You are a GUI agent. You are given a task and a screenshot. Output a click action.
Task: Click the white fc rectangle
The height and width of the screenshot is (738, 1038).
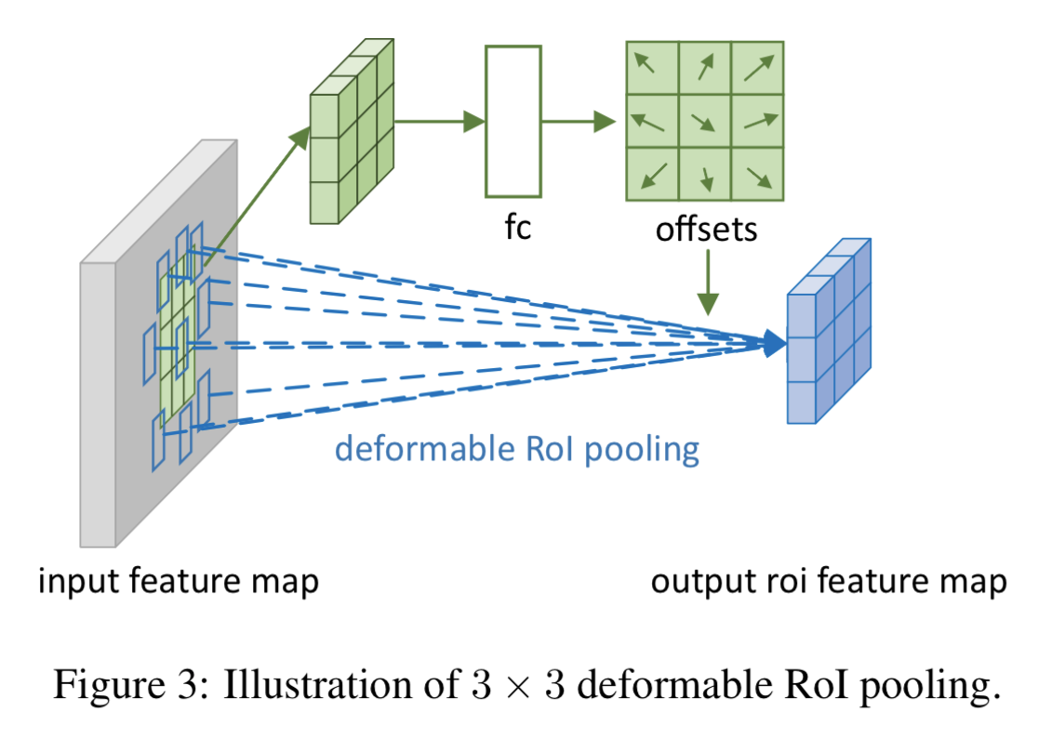[x=512, y=121]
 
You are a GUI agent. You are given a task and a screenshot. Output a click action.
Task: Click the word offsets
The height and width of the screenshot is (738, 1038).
[x=706, y=229]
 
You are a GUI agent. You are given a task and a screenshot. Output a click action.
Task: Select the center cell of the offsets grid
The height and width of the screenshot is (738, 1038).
[x=705, y=121]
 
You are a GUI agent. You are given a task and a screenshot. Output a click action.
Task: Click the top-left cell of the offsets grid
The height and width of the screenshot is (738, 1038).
[x=652, y=68]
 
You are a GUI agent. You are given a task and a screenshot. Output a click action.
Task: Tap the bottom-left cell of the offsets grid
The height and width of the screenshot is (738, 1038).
[x=652, y=174]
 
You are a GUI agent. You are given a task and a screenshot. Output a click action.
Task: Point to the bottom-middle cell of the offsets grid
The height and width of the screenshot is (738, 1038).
[x=705, y=174]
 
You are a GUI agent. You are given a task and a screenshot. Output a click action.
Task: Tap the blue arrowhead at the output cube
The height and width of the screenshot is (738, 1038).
[x=774, y=344]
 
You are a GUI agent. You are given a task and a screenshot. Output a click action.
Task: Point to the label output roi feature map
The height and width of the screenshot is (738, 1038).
[x=828, y=582]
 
